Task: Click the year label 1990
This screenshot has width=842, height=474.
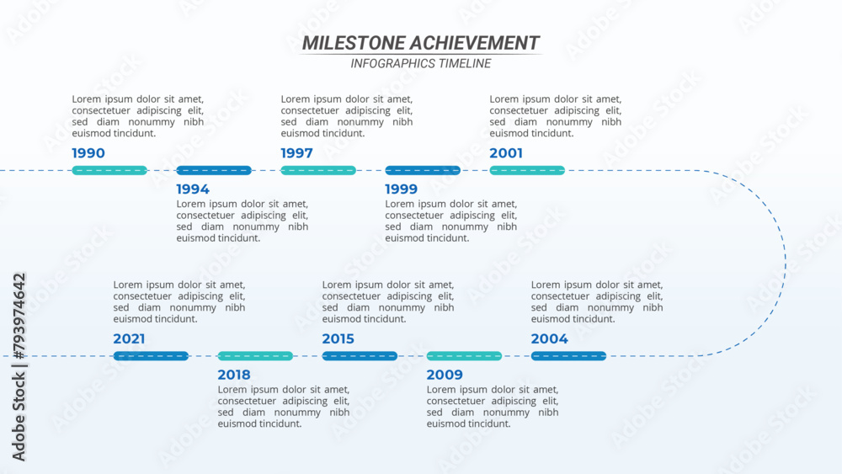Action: [88, 153]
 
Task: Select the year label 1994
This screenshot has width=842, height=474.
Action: [193, 189]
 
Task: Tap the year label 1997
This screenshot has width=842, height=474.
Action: [297, 153]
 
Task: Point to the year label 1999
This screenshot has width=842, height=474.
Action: [401, 189]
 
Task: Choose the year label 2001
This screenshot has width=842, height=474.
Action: [506, 153]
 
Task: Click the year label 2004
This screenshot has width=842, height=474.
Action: [549, 338]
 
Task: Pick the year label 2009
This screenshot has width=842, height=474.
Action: [445, 375]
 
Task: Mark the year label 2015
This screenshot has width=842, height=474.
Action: [338, 338]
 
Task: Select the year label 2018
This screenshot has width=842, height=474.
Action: [234, 375]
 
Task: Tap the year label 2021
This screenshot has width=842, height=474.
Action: [129, 338]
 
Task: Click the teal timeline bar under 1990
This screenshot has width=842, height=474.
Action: [109, 171]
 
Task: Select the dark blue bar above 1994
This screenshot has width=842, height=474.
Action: [214, 171]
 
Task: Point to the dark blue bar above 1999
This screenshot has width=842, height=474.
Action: [423, 171]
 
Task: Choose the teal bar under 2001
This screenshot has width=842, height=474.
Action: [527, 171]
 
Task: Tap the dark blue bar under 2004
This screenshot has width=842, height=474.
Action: [568, 356]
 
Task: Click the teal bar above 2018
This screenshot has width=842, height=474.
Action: [255, 356]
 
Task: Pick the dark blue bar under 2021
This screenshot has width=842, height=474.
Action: [151, 356]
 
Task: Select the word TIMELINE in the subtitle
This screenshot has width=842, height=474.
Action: [465, 64]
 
